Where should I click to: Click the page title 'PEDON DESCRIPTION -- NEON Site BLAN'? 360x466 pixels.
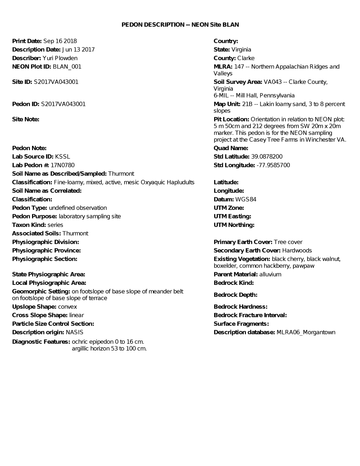(x=180, y=24)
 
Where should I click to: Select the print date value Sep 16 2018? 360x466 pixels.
(x=60, y=41)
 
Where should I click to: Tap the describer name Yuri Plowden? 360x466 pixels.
(x=60, y=58)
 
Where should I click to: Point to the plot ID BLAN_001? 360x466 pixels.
(x=67, y=67)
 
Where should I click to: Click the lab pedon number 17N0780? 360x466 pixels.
(x=63, y=165)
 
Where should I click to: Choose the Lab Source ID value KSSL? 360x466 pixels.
(x=63, y=157)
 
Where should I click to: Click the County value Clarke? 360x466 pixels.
(x=246, y=58)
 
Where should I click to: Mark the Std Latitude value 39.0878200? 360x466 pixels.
(x=267, y=157)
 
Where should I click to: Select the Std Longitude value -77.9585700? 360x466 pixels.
(x=273, y=165)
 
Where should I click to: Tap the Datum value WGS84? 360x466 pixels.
(x=246, y=200)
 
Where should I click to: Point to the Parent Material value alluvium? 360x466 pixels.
(x=270, y=274)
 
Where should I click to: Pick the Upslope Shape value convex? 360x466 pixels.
(x=68, y=307)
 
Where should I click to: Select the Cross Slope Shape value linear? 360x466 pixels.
(x=77, y=315)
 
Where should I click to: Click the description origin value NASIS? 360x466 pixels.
(x=75, y=332)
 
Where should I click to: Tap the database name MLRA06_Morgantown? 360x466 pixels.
(x=306, y=332)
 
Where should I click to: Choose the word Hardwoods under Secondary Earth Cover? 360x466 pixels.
(x=297, y=251)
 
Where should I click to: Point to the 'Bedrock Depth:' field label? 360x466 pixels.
(x=235, y=295)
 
